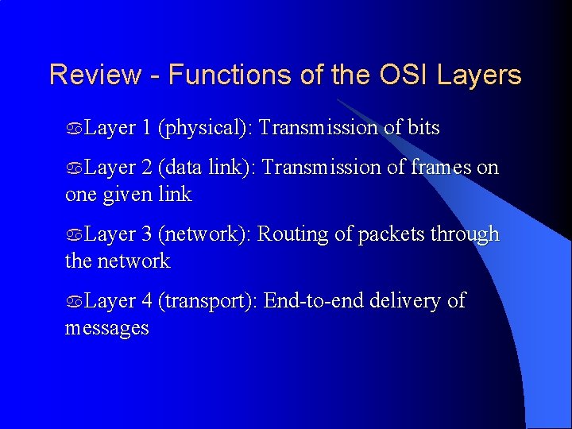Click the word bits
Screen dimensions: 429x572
423,128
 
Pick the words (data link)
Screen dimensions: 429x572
207,168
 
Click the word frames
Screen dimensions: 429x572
442,168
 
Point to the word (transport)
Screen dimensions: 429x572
207,301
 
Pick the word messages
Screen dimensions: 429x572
106,328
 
